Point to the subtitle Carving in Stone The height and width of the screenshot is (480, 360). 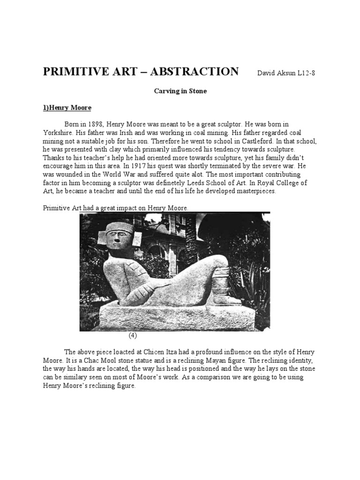[x=180, y=91]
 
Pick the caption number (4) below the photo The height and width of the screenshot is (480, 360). [x=133, y=336]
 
